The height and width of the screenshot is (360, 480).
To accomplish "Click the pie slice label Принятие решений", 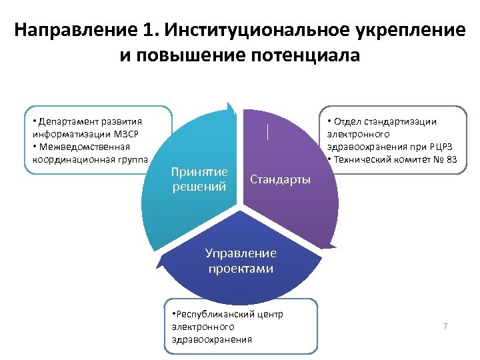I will (x=199, y=179).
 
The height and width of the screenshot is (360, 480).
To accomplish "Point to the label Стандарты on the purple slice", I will (x=280, y=179).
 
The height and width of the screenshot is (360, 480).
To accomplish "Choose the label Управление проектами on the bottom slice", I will (x=241, y=261).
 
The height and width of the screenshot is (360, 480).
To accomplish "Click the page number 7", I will (x=445, y=326).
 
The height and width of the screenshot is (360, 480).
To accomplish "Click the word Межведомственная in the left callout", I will (x=75, y=147).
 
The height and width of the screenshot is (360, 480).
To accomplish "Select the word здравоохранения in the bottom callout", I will (x=212, y=339).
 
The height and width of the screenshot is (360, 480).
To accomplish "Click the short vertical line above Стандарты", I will (x=267, y=131).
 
